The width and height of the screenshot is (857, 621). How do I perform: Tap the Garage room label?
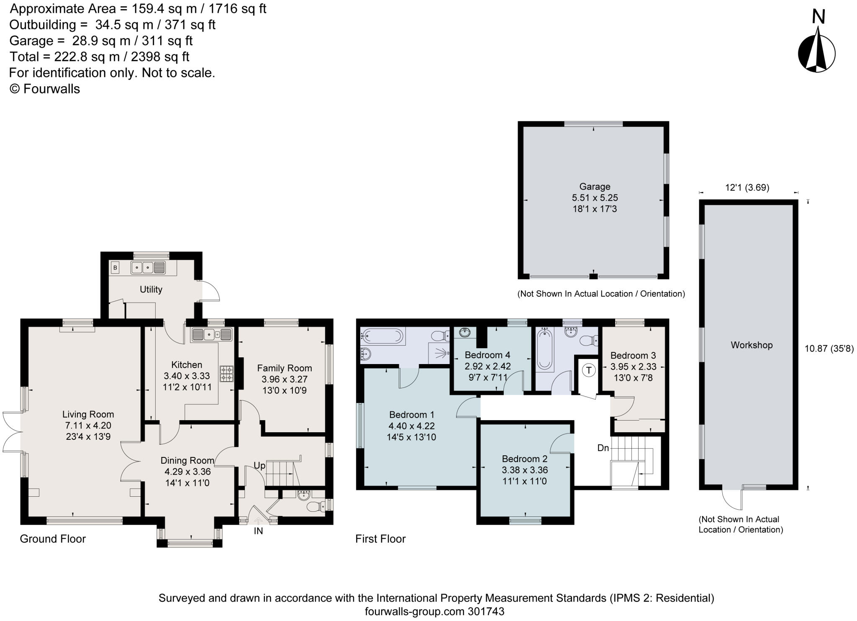click(x=595, y=187)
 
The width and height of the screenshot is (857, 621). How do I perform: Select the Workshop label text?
click(x=752, y=345)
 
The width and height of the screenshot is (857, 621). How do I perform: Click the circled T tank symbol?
click(x=589, y=370)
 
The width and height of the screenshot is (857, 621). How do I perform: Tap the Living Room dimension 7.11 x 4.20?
click(x=87, y=426)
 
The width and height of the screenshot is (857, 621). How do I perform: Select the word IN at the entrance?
click(x=258, y=531)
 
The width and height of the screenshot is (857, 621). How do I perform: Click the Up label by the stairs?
click(x=259, y=466)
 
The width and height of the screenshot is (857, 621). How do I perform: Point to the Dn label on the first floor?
click(x=603, y=448)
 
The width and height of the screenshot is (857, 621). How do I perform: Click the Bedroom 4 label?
click(x=488, y=355)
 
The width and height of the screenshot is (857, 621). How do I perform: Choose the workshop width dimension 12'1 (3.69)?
click(x=747, y=187)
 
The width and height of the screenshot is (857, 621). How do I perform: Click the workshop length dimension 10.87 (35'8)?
click(x=829, y=349)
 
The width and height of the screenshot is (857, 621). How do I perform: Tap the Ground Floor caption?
click(x=53, y=539)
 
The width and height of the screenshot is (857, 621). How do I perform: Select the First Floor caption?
click(x=380, y=539)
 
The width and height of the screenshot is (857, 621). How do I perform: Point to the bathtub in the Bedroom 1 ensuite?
click(x=383, y=335)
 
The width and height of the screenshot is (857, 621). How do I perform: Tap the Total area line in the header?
click(x=99, y=56)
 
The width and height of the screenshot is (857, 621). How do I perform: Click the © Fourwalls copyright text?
click(x=44, y=89)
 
